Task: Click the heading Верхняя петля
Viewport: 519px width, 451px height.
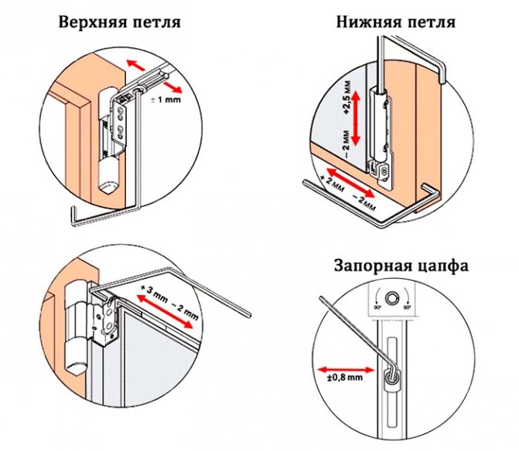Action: click(118, 22)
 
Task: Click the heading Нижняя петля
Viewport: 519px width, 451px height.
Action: click(395, 22)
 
